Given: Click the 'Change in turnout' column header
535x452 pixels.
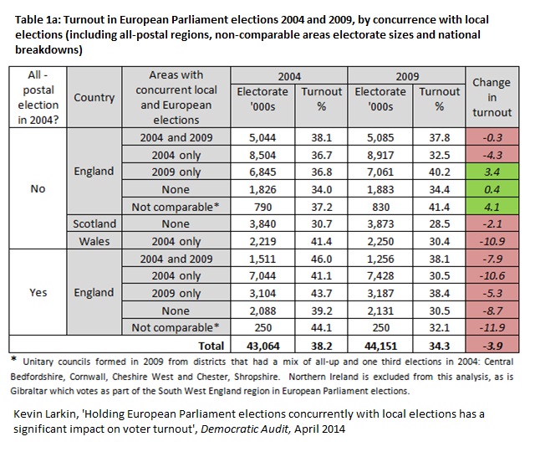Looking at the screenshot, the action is click(x=492, y=97).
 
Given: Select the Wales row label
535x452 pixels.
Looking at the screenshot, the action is click(x=94, y=241).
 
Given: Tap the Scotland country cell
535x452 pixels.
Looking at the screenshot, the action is click(x=94, y=223).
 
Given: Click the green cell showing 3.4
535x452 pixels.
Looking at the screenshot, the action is click(x=492, y=172).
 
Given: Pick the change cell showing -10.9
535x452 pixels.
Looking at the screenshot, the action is click(x=492, y=241).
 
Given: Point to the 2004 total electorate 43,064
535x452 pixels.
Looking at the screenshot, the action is click(x=262, y=346).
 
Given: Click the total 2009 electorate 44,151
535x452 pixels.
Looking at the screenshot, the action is click(x=380, y=346).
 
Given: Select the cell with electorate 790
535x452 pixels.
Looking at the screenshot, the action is click(x=262, y=207).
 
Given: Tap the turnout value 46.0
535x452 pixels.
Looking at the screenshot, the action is click(x=321, y=259).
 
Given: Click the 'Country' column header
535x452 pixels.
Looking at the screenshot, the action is click(x=94, y=97).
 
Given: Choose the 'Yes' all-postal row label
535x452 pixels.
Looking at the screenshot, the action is click(x=38, y=292).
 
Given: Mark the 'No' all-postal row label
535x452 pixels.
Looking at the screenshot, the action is click(x=38, y=188).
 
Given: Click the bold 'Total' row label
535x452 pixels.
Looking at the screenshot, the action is click(x=211, y=346).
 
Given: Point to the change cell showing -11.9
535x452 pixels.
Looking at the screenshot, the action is click(x=492, y=327).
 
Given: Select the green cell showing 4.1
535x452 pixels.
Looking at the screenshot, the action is click(x=492, y=207).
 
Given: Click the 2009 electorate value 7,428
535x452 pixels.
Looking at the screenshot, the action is click(x=380, y=275).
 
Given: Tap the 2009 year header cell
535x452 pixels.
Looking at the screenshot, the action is click(x=407, y=76).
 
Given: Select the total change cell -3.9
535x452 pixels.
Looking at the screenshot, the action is click(x=492, y=346).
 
